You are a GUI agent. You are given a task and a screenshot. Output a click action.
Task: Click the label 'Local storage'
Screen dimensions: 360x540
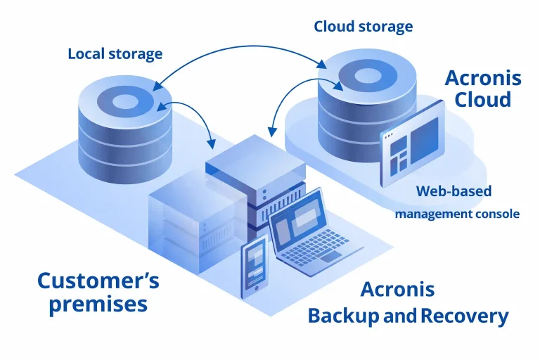[x=115, y=53]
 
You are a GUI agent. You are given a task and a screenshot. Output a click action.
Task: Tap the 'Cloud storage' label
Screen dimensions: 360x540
[x=363, y=27]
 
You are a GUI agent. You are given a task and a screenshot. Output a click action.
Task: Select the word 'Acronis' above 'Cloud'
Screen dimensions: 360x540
[x=483, y=77]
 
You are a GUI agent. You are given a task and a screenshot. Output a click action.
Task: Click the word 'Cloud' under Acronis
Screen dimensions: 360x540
[x=482, y=99]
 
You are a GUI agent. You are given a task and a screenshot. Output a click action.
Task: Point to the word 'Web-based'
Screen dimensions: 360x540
[x=454, y=191]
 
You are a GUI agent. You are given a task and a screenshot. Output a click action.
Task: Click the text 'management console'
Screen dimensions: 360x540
[x=457, y=213]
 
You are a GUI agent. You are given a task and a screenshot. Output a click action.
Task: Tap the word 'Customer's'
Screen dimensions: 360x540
[x=98, y=281]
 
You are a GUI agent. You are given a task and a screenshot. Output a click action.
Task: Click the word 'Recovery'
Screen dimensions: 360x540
[x=464, y=316]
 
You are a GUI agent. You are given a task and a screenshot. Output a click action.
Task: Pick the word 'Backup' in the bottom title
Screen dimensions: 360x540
[x=344, y=316]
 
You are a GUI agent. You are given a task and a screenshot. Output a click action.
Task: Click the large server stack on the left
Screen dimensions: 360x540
[x=190, y=225]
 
